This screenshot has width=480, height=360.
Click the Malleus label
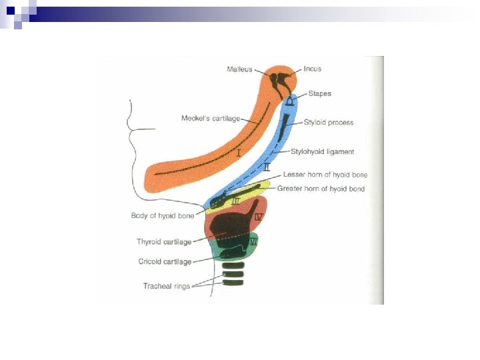pyautogui.click(x=239, y=69)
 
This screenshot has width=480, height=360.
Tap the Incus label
pyautogui.click(x=312, y=69)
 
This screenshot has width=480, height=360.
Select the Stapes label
pyautogui.click(x=319, y=94)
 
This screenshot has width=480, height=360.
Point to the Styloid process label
pyautogui.click(x=329, y=123)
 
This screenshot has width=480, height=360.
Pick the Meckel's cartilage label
pyautogui.click(x=211, y=119)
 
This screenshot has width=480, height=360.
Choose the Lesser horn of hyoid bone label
pyautogui.click(x=325, y=175)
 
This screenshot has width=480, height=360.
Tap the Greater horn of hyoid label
pyautogui.click(x=321, y=189)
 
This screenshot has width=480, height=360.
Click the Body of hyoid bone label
pyautogui.click(x=163, y=215)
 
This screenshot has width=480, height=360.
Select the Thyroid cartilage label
pyautogui.click(x=164, y=241)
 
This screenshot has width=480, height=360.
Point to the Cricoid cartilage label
pyautogui.click(x=165, y=262)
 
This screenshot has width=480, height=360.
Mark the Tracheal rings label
pyautogui.click(x=166, y=286)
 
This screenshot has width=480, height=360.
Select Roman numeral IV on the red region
pyautogui.click(x=259, y=217)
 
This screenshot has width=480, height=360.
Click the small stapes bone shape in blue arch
pyautogui.click(x=291, y=102)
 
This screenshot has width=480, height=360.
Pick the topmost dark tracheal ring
pyautogui.click(x=233, y=266)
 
